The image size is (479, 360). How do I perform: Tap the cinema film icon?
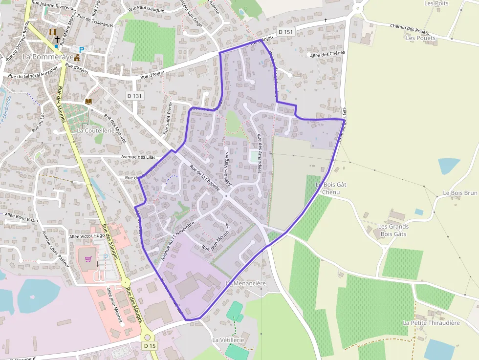point(52,32)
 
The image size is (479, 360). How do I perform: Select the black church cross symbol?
point(57,39)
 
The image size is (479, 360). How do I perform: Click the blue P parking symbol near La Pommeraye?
point(82,49)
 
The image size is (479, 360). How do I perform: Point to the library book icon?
point(88,101)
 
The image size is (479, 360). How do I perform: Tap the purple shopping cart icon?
point(88,258)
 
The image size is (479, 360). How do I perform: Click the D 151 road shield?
point(286,32)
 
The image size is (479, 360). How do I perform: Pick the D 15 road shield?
point(150,345)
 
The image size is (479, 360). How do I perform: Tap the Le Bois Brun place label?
point(460,193)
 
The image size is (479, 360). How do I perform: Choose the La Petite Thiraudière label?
point(431,323)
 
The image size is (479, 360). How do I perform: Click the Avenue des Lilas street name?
point(140,157)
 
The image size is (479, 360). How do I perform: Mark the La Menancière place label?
point(246,283)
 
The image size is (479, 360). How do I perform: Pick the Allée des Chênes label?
point(328,53)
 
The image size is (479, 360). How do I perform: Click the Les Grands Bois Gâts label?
point(393,230)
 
